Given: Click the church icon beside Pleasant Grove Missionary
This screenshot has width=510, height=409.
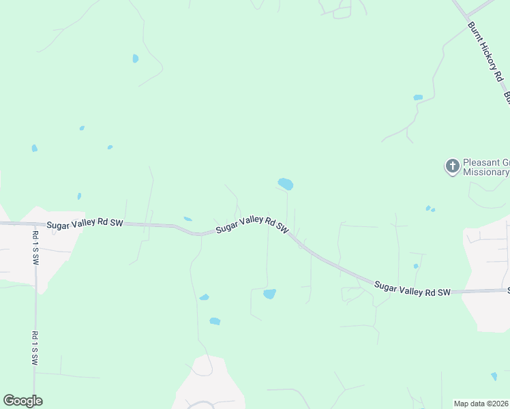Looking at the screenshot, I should [452, 166].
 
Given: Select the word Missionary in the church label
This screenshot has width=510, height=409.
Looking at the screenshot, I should [485, 172].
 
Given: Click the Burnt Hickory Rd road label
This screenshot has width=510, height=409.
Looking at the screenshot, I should [484, 52].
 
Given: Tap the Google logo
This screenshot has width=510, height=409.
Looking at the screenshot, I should [22, 401].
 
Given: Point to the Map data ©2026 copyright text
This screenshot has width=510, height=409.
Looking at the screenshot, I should [481, 404].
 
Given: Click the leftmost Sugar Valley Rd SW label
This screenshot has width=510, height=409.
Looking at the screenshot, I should [85, 224].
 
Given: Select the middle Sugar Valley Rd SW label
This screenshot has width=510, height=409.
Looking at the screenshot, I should [253, 226].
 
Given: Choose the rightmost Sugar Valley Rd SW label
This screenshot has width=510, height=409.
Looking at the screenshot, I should [412, 287].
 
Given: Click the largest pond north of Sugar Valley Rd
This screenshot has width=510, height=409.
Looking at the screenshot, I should [286, 184].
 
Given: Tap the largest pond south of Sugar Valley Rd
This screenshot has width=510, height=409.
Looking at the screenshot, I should [269, 294].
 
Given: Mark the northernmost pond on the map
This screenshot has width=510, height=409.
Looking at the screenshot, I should [135, 59].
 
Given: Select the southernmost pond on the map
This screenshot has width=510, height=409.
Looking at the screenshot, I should [494, 376].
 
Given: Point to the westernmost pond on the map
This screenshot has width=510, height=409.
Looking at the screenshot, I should [34, 148].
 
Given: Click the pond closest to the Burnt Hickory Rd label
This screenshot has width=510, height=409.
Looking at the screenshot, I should [418, 97].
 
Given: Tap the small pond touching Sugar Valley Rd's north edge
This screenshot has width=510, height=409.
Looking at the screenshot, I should [187, 219].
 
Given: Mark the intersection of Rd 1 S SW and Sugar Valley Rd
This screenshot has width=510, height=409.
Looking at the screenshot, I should [35, 224].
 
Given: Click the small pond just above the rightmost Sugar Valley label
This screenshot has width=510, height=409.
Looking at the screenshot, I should [415, 266].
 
